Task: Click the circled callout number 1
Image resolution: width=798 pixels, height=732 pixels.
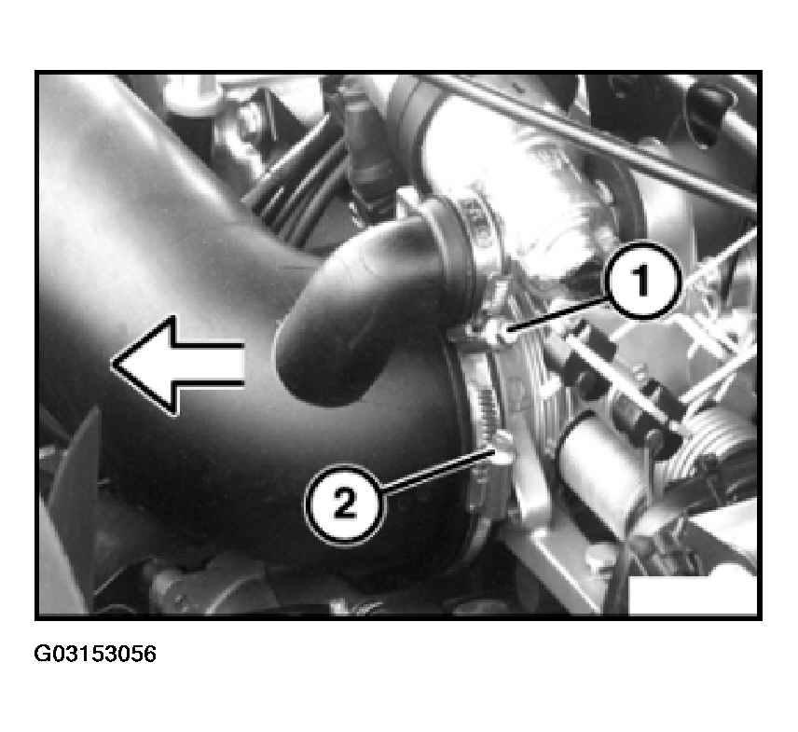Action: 642,281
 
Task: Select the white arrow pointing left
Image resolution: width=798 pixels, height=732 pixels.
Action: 178,365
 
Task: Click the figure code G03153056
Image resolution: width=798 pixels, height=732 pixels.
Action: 95,654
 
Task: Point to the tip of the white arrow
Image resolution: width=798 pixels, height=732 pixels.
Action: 112,364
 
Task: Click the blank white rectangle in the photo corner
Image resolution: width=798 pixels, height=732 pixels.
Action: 692,595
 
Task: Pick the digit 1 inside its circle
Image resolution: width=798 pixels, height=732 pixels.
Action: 641,280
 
